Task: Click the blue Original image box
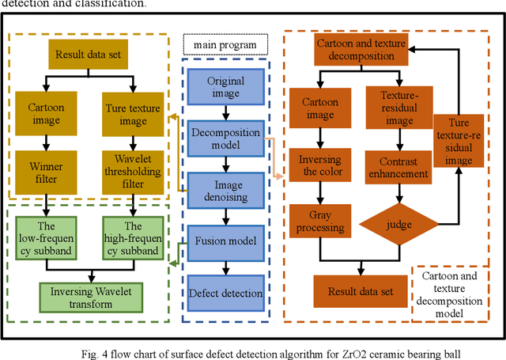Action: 225,87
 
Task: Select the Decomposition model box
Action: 225,139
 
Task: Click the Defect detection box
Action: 225,294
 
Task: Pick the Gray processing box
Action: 319,222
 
